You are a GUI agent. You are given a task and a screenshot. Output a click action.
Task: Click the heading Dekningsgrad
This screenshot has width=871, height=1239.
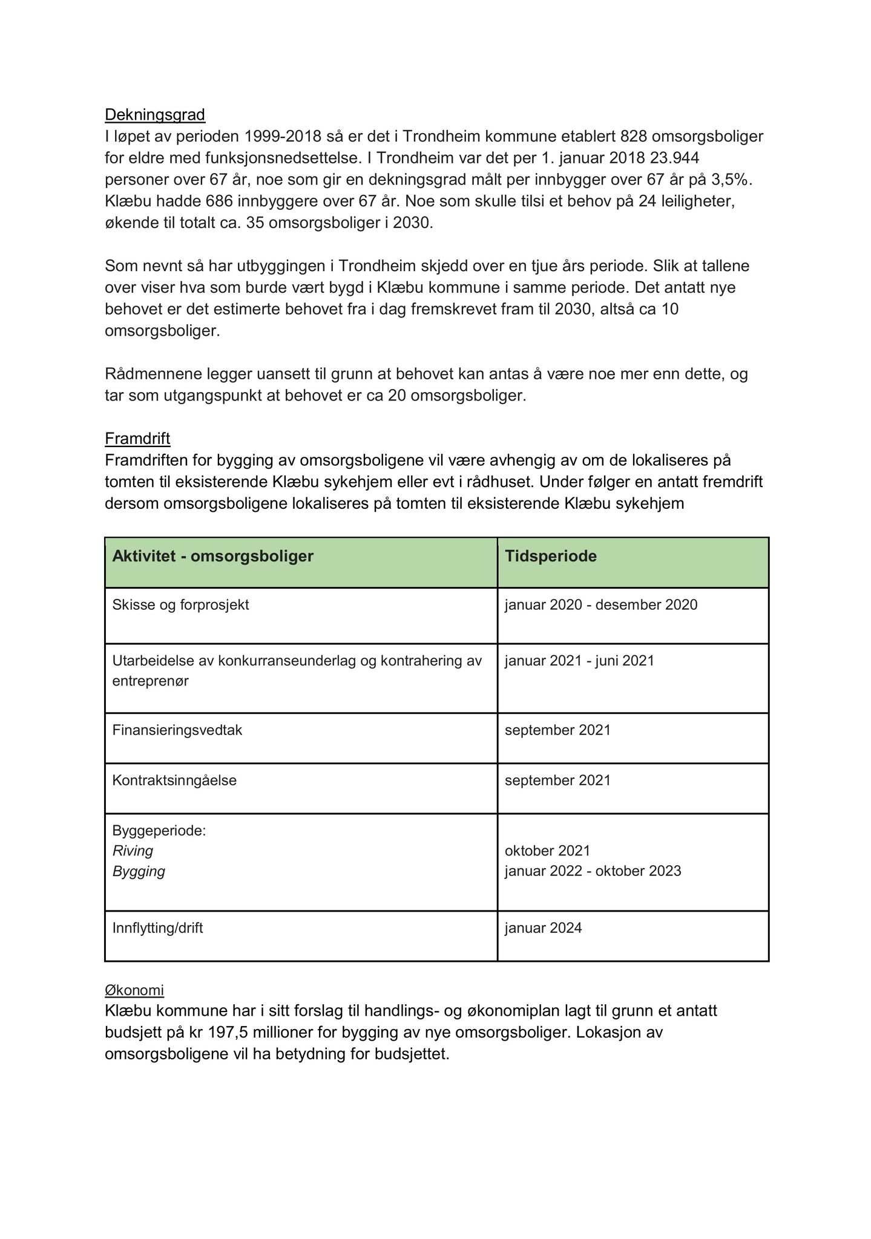click(x=155, y=114)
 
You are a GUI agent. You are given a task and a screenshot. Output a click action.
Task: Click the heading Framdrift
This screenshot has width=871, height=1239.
click(x=137, y=438)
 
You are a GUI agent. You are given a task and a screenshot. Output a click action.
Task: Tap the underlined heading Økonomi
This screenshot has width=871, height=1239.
click(x=134, y=990)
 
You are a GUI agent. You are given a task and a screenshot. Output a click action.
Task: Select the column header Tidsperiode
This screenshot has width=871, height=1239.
click(x=551, y=556)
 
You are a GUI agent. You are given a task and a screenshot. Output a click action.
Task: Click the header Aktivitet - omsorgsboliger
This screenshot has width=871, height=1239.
click(x=213, y=556)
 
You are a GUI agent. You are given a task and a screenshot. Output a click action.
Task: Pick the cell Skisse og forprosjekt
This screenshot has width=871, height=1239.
click(x=180, y=605)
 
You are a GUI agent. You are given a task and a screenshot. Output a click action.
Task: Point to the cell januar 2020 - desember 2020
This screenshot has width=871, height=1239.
click(x=601, y=605)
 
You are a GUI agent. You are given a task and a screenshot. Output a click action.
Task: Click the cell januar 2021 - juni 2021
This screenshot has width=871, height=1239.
click(x=579, y=661)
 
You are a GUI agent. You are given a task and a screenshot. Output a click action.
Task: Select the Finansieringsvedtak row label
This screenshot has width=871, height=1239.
click(x=177, y=730)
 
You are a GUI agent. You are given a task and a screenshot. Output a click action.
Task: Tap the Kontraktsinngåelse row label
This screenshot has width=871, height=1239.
click(x=174, y=780)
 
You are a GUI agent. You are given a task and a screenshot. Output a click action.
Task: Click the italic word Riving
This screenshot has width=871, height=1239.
click(x=133, y=851)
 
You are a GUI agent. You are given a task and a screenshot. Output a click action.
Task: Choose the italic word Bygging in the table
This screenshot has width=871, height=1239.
click(x=139, y=872)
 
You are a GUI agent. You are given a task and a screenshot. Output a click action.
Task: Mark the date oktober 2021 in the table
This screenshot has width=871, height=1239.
click(x=547, y=851)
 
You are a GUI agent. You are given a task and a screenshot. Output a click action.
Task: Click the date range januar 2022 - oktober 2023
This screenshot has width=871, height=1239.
click(x=593, y=871)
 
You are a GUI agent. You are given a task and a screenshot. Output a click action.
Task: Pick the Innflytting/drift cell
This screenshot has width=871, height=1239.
click(x=157, y=928)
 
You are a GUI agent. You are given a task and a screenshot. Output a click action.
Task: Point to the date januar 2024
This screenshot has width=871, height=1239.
click(x=543, y=928)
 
